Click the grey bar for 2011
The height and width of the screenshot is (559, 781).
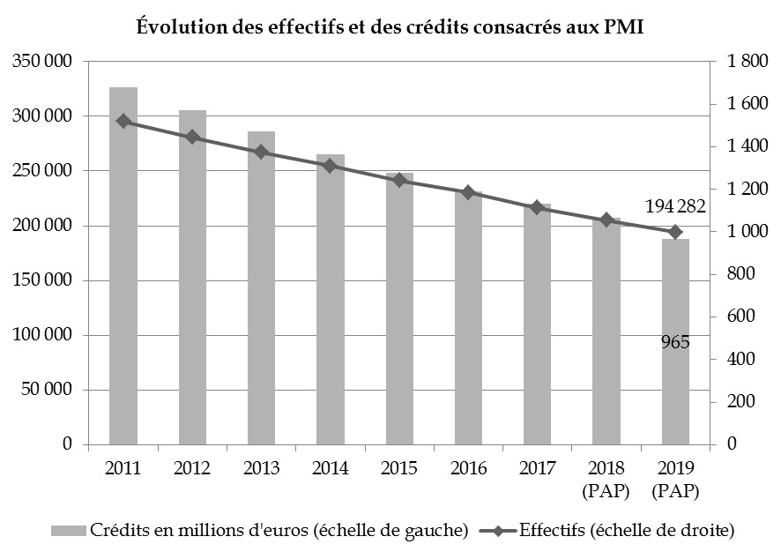(123, 265)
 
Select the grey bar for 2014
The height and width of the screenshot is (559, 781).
(330, 299)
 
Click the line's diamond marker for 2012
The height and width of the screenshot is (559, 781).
(192, 138)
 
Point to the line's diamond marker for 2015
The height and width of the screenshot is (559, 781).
(399, 180)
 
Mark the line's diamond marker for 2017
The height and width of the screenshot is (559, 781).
(537, 207)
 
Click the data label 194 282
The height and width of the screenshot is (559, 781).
(675, 207)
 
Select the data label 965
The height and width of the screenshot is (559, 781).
(675, 342)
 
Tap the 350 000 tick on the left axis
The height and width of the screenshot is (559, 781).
(43, 62)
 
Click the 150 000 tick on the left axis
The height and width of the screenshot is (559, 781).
(43, 280)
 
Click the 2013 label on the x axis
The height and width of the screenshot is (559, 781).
(261, 467)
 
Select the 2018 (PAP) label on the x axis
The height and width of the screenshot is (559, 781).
(606, 478)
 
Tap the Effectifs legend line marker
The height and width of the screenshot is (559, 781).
(496, 531)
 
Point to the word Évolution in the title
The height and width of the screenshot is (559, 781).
(180, 26)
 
